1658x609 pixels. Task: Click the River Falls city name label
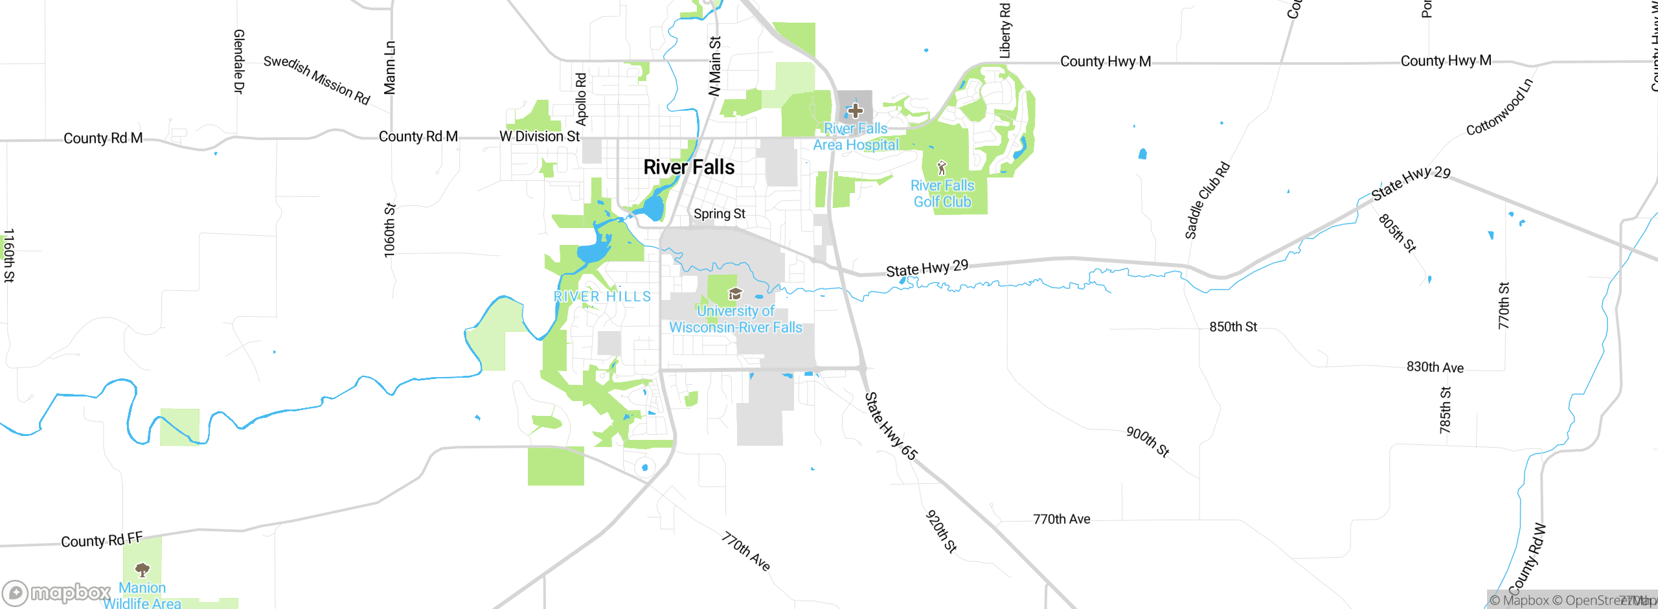pyautogui.click(x=688, y=167)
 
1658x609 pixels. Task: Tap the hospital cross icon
pyautogui.click(x=855, y=111)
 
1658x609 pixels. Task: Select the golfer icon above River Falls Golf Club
pyautogui.click(x=942, y=168)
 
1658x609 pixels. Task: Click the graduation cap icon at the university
pyautogui.click(x=734, y=294)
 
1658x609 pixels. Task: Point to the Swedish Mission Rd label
pyautogui.click(x=317, y=80)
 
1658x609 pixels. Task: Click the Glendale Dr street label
pyautogui.click(x=238, y=62)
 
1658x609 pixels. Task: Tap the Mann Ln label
pyautogui.click(x=389, y=68)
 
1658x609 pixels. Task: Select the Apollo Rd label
pyautogui.click(x=581, y=99)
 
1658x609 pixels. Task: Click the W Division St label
pyautogui.click(x=539, y=137)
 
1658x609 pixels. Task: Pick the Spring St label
pyautogui.click(x=719, y=214)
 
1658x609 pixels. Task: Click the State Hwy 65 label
pyautogui.click(x=891, y=426)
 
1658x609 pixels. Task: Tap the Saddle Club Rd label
pyautogui.click(x=1207, y=201)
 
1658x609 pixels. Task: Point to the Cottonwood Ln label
pyautogui.click(x=1499, y=108)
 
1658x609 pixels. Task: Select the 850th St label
pyautogui.click(x=1233, y=327)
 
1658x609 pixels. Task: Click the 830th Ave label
pyautogui.click(x=1435, y=367)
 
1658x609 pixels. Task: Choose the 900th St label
pyautogui.click(x=1148, y=442)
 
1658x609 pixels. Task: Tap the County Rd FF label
pyautogui.click(x=102, y=540)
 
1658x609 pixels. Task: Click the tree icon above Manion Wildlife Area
pyautogui.click(x=142, y=569)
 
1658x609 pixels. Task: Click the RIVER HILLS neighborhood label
pyautogui.click(x=602, y=297)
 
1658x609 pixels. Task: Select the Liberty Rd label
pyautogui.click(x=1005, y=31)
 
